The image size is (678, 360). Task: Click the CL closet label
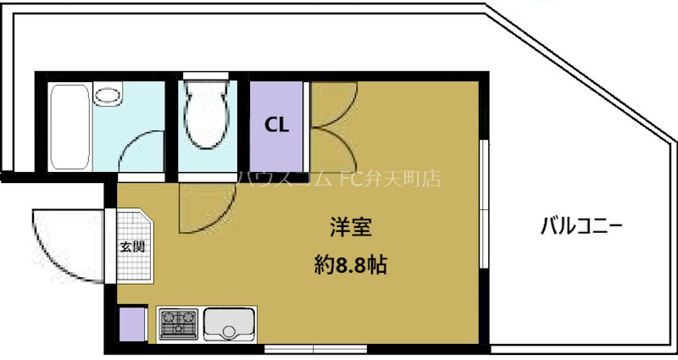coord(278,125)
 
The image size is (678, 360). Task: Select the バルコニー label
coord(582,226)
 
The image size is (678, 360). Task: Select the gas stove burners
coord(178,324)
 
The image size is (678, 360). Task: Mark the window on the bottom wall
coord(314,348)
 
